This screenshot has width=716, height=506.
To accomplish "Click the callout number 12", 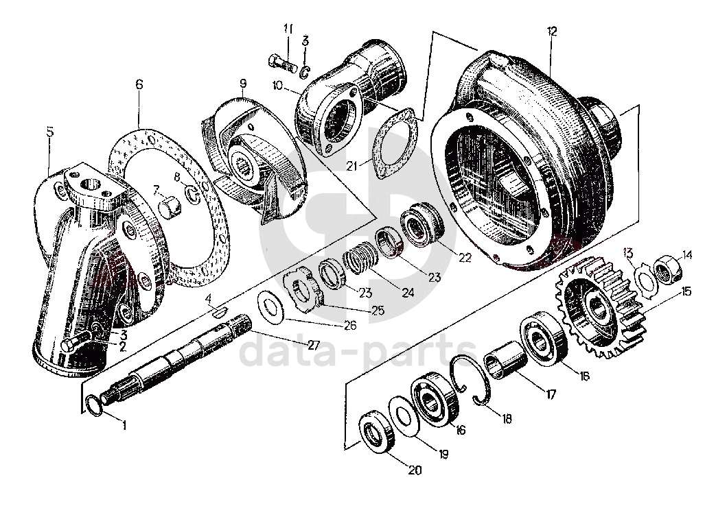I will pyautogui.click(x=552, y=31).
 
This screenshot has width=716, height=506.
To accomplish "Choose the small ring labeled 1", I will pyautogui.click(x=95, y=406).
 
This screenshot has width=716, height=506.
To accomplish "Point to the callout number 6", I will pyautogui.click(x=139, y=84).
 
